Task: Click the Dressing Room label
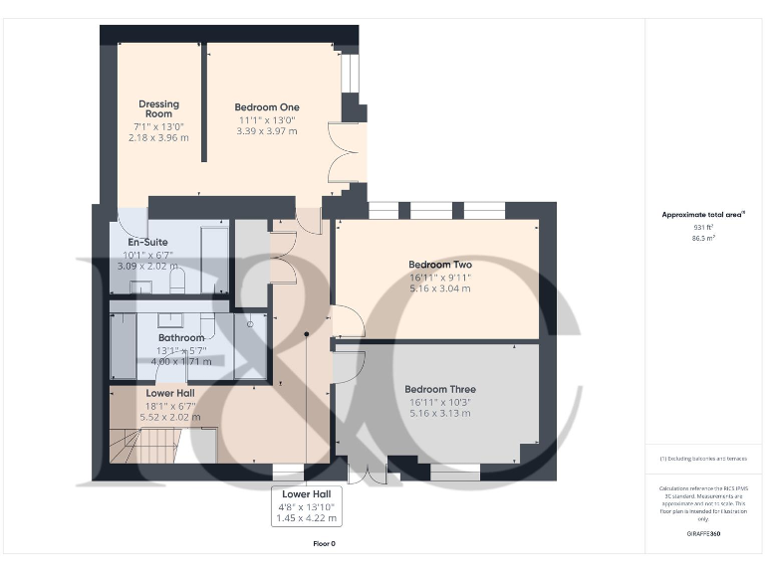(x=157, y=108)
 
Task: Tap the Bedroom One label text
(x=266, y=107)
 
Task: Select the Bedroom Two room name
(x=439, y=265)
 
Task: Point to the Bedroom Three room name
(x=439, y=390)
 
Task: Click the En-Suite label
(x=147, y=243)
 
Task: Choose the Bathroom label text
(x=180, y=338)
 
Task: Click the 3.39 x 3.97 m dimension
(x=266, y=130)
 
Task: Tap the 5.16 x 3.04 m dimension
(x=439, y=288)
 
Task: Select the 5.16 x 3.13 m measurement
(x=439, y=413)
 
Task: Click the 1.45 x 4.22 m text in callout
(x=308, y=518)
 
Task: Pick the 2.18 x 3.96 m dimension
(x=157, y=137)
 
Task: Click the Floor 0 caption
(x=325, y=544)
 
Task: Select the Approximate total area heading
(x=703, y=214)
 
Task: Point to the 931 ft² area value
(x=703, y=227)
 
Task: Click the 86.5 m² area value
(x=703, y=239)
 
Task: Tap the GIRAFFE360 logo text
(x=703, y=534)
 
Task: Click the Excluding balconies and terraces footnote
(x=703, y=459)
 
